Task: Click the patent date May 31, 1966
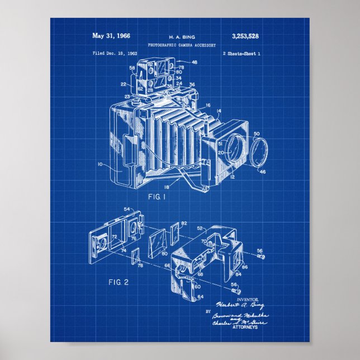tap(111, 36)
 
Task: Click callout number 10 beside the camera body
tap(100, 165)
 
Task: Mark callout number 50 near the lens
tap(257, 134)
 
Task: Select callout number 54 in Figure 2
tap(126, 209)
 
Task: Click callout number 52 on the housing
tap(200, 229)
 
